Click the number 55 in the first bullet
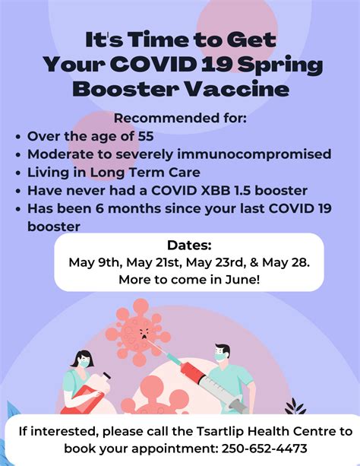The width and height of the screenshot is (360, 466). [x=146, y=136]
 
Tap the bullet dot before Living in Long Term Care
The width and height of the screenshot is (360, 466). [x=19, y=173]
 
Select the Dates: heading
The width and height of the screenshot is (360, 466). [x=190, y=246]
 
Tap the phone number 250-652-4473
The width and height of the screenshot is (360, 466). [x=264, y=449]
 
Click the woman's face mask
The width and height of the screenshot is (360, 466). [x=84, y=363]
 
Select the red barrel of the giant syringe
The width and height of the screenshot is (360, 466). [x=191, y=371]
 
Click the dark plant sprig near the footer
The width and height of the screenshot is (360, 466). [x=295, y=407]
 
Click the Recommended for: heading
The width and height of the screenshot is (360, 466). [x=180, y=119]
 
